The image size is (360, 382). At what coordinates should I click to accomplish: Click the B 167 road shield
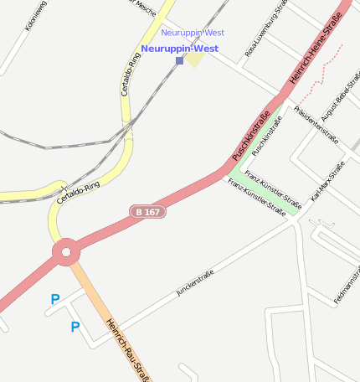147,212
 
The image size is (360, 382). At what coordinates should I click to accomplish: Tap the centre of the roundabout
66,250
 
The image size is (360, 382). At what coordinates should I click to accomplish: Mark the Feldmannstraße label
346,286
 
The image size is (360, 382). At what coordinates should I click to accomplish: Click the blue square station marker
179,60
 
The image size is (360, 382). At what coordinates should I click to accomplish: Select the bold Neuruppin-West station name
179,49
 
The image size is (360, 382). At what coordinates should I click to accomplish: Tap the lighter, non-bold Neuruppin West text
193,33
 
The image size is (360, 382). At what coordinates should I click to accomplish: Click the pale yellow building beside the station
194,59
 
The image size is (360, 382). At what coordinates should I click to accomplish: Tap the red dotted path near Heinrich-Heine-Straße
318,75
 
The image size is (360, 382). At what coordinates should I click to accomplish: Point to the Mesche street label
144,7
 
